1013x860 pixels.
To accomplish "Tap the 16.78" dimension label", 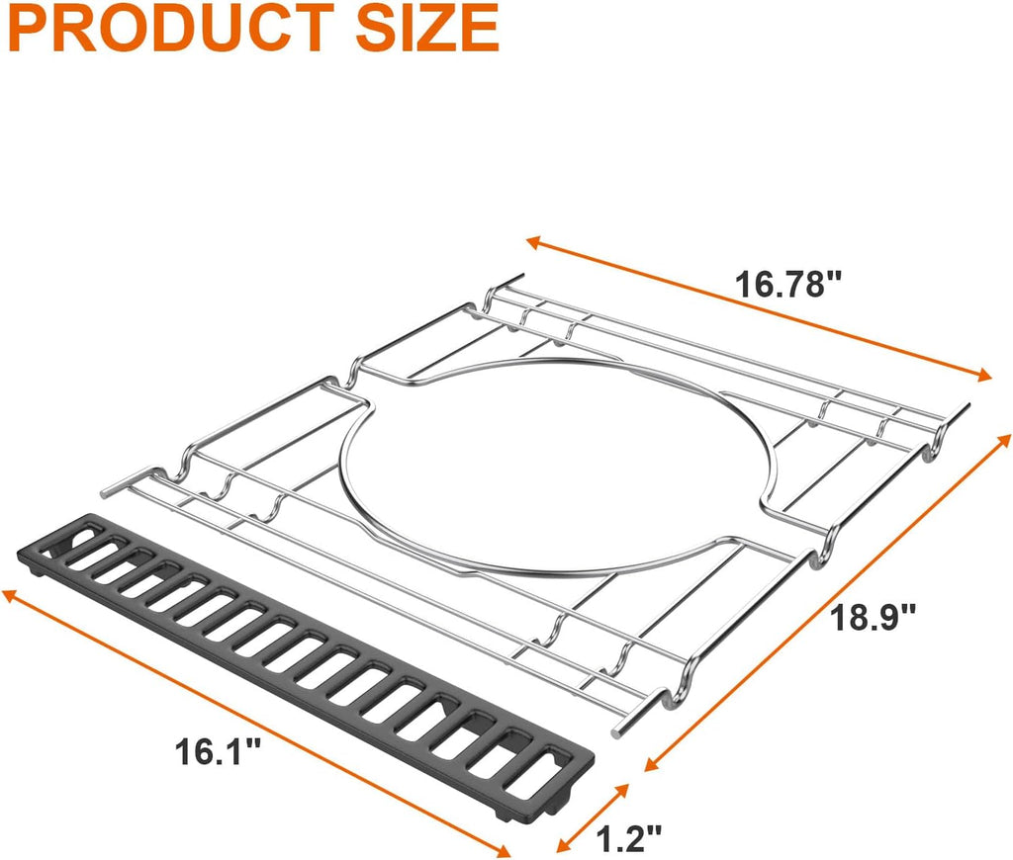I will coord(787,285).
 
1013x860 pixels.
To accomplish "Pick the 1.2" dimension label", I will coord(630,839).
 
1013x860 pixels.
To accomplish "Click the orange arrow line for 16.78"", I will coord(759,307).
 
